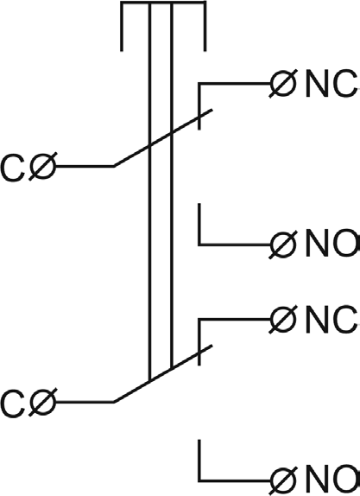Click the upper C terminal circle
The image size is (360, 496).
pos(42,167)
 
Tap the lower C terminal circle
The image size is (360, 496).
pos(42,402)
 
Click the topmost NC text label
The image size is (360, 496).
pos(332,84)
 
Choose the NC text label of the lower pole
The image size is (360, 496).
pos(332,320)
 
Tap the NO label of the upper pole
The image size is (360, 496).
pos(332,244)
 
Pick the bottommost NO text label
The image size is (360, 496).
pos(332,481)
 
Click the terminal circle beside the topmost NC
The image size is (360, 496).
pos(283,84)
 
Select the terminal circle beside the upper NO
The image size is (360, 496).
pos(283,245)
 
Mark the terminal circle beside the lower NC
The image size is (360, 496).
pos(283,319)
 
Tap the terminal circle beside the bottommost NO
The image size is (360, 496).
pos(283,481)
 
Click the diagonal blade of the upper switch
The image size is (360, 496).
pos(163,138)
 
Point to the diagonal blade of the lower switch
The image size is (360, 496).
pos(163,374)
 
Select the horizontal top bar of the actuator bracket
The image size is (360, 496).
pos(163,3)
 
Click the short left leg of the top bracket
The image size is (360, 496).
pos(122,26)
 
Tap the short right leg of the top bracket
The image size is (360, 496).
pos(205,26)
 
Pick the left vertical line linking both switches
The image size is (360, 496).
pos(150,191)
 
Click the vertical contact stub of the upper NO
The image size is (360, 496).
pos(199,224)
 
